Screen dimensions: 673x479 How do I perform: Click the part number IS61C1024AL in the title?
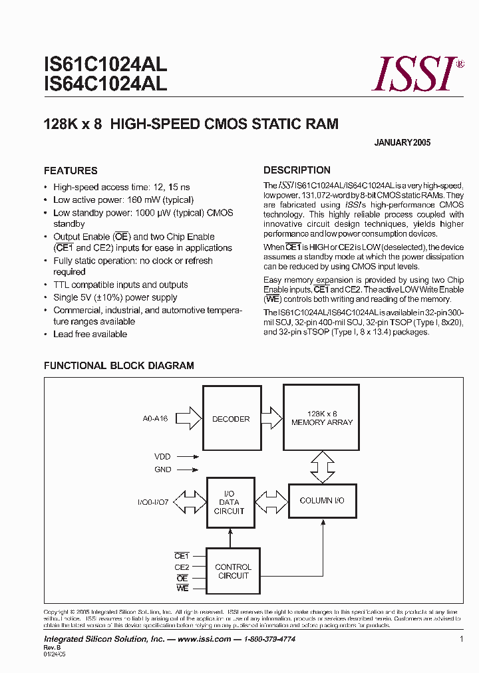pos(105,65)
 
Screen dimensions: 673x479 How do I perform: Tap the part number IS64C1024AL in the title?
pos(105,84)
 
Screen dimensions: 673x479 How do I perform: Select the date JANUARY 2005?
pos(402,143)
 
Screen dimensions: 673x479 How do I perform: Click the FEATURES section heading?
pos(71,171)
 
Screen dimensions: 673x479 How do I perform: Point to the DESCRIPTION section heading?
pos(297,170)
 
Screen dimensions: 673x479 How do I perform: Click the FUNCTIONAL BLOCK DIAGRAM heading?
pos(119,366)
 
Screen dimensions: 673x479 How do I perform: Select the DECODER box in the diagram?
pos(231,419)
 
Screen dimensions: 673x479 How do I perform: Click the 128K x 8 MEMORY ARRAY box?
pos(322,418)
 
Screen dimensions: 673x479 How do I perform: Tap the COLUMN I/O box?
pos(322,500)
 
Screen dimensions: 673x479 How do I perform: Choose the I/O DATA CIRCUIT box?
pos(229,503)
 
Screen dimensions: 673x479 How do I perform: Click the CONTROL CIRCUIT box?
pos(234,571)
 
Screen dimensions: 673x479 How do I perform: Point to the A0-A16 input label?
pos(155,419)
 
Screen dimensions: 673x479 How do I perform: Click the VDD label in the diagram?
pos(162,457)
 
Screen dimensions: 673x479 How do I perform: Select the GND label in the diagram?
pos(162,470)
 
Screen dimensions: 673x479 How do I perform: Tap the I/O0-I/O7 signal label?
pos(153,502)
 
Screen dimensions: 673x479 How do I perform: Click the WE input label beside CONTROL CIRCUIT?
pos(182,589)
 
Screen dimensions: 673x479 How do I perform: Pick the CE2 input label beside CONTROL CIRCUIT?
pos(182,567)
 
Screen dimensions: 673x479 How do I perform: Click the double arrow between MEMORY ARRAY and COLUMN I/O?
pos(323,467)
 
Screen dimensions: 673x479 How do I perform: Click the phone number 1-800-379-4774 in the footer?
pos(267,639)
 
